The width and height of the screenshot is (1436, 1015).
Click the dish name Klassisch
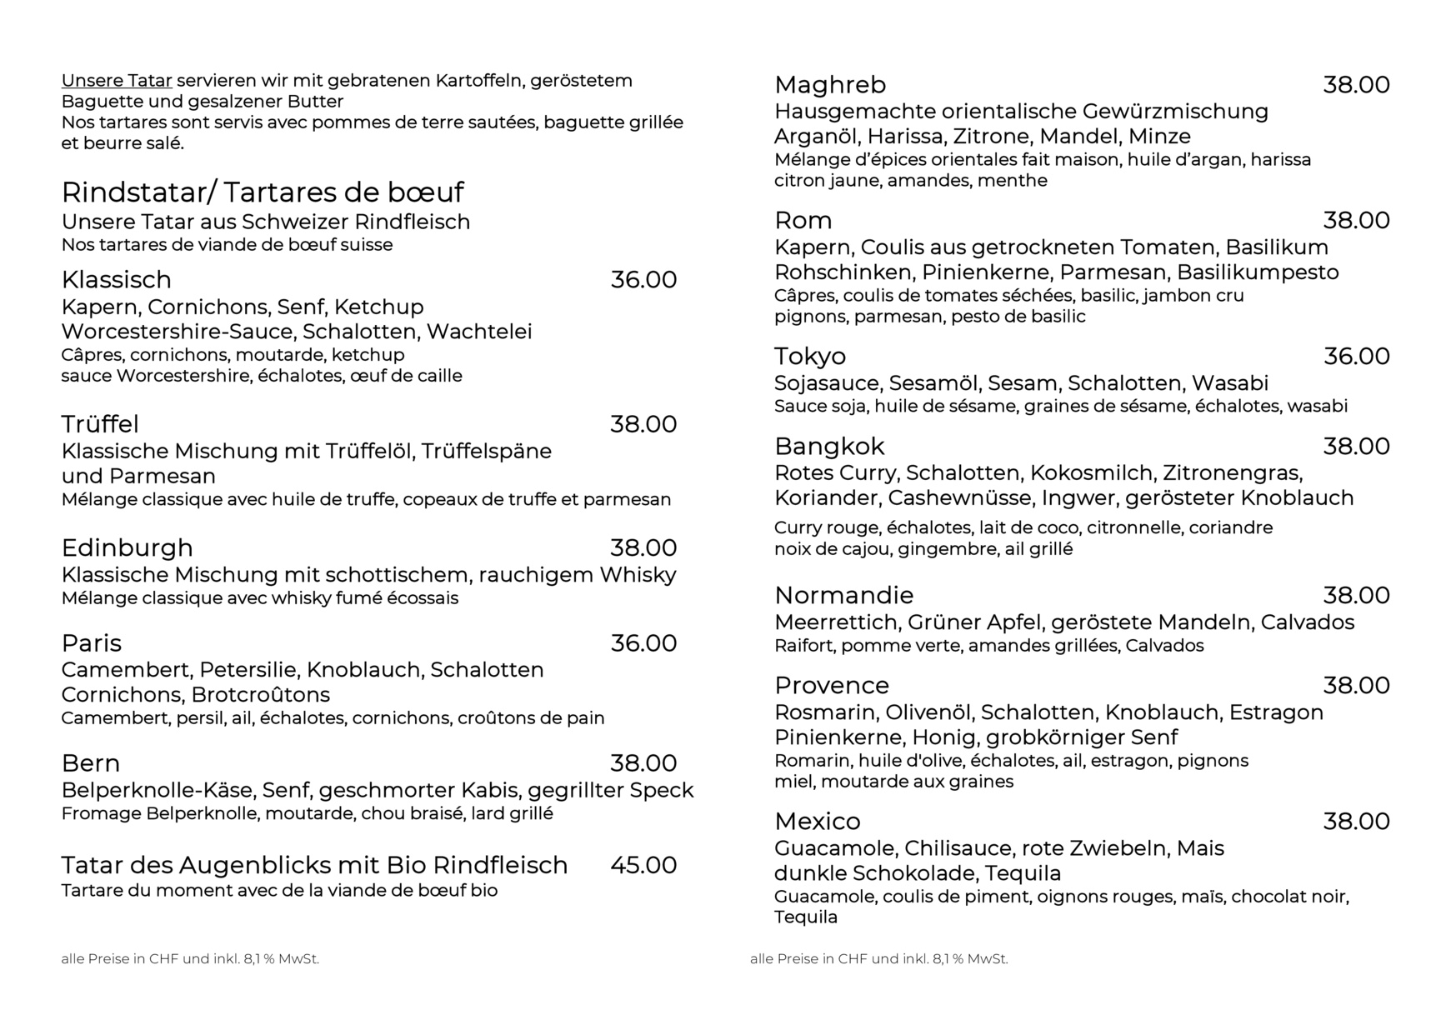[116, 280]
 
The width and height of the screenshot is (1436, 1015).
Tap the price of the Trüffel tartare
[643, 424]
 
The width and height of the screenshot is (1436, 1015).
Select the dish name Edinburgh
[127, 547]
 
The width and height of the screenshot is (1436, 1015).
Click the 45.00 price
[643, 865]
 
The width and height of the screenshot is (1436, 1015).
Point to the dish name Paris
[91, 643]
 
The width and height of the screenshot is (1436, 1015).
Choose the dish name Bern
[90, 763]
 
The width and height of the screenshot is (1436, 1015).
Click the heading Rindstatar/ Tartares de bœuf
[263, 192]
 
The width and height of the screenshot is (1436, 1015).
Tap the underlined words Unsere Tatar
[117, 81]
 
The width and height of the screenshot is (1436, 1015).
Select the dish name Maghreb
[830, 85]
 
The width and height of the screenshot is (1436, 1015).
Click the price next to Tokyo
[1357, 357]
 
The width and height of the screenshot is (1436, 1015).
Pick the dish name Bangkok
[829, 447]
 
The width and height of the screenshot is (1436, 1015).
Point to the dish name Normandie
[843, 595]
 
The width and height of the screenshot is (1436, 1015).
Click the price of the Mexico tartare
[1357, 822]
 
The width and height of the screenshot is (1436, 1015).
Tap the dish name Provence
[832, 686]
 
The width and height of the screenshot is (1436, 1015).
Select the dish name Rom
[803, 221]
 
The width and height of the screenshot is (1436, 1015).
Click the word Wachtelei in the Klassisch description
[479, 332]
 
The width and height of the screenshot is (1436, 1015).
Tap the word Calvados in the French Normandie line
[1164, 646]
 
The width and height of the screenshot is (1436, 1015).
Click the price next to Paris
[643, 643]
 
